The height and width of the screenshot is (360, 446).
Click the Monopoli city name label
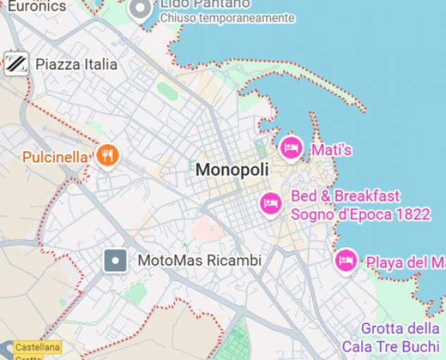pos(232,169)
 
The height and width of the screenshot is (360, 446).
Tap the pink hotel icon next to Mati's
pos(291,148)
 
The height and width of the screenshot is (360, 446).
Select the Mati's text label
pos(331,150)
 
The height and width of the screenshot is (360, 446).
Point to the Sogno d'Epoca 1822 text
pos(360,213)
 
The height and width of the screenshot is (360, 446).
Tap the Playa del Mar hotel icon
pos(345,260)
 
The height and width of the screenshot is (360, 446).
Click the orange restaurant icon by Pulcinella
pos(107,155)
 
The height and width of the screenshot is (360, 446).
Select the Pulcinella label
pos(56,157)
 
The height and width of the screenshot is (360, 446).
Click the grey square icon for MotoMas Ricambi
pos(115,261)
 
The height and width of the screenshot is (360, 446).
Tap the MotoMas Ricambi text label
pos(199,260)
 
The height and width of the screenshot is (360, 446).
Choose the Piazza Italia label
pos(76,64)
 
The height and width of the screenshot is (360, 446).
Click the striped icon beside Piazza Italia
pos(16,64)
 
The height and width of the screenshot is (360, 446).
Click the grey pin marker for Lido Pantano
pos(142,9)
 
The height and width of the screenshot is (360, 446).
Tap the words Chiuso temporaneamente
pos(227,18)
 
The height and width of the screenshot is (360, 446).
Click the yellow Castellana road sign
pos(37,347)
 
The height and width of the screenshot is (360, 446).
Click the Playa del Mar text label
pos(406,263)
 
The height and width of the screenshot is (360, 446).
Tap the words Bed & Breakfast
pos(345,196)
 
